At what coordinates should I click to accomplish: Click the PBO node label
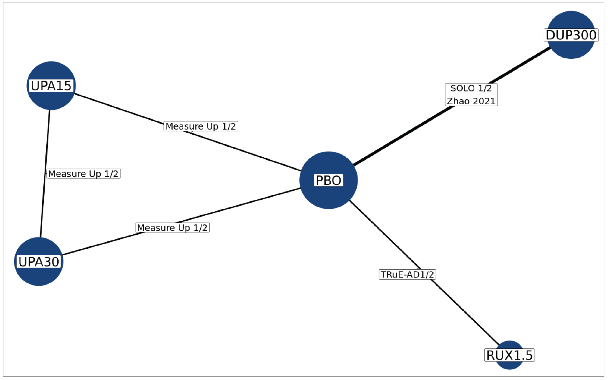coord(328,180)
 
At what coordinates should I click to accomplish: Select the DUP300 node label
coord(571,35)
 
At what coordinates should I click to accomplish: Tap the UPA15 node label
coord(51,86)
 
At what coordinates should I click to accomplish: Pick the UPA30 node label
coord(39,262)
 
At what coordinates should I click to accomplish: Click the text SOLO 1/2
coord(471,88)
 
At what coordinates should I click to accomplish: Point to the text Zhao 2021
coord(471,101)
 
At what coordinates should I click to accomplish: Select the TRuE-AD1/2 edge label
coord(407,274)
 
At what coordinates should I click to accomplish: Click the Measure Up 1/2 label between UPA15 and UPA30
coord(83,174)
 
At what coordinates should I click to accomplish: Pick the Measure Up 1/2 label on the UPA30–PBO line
coord(172,228)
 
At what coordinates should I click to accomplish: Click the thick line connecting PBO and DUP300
coord(402,137)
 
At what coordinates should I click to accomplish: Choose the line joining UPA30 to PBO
coord(239,205)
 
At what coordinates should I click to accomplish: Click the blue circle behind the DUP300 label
coord(571,50)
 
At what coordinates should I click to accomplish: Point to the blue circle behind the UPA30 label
coord(39,276)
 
